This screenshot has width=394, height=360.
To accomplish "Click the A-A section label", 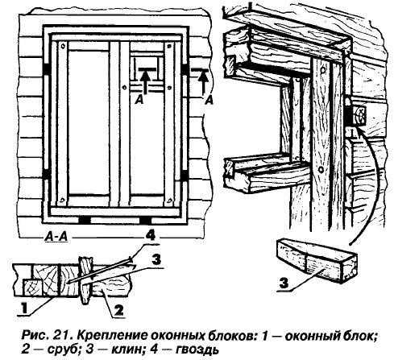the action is point(56,237).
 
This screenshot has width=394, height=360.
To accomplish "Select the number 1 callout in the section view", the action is point(24,308).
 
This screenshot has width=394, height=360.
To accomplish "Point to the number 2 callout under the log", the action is point(118,310).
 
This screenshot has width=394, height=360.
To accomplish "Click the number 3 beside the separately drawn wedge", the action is point(285,283).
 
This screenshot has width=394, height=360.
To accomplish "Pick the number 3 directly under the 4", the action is point(156,259).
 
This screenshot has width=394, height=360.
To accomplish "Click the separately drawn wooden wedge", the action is point(317,260).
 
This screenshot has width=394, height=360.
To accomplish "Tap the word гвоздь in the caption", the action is point(197,350).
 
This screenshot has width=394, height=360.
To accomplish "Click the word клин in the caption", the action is point(123,349).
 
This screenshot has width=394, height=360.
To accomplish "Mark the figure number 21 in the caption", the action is point(63,335).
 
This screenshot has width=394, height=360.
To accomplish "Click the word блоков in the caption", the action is point(223,335).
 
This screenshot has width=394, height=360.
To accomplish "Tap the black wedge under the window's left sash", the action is point(85,220).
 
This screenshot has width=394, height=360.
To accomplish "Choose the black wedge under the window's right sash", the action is point(145,220).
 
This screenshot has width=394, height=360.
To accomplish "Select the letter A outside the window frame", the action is point(209,100).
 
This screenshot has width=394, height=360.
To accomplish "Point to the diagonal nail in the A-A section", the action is point(98,271).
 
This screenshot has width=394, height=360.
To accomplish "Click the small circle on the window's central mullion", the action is point(124,87).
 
